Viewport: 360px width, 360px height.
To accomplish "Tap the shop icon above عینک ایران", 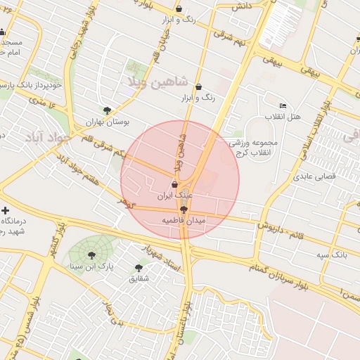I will point(174,184).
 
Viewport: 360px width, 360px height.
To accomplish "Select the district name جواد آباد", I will point(46,136).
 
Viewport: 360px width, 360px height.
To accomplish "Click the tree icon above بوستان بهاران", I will point(107,110).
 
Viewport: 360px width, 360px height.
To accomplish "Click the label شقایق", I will point(138,278).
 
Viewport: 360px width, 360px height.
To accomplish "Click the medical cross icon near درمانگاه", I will point(6,210).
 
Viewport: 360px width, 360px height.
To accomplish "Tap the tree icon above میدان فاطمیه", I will point(184,210).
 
